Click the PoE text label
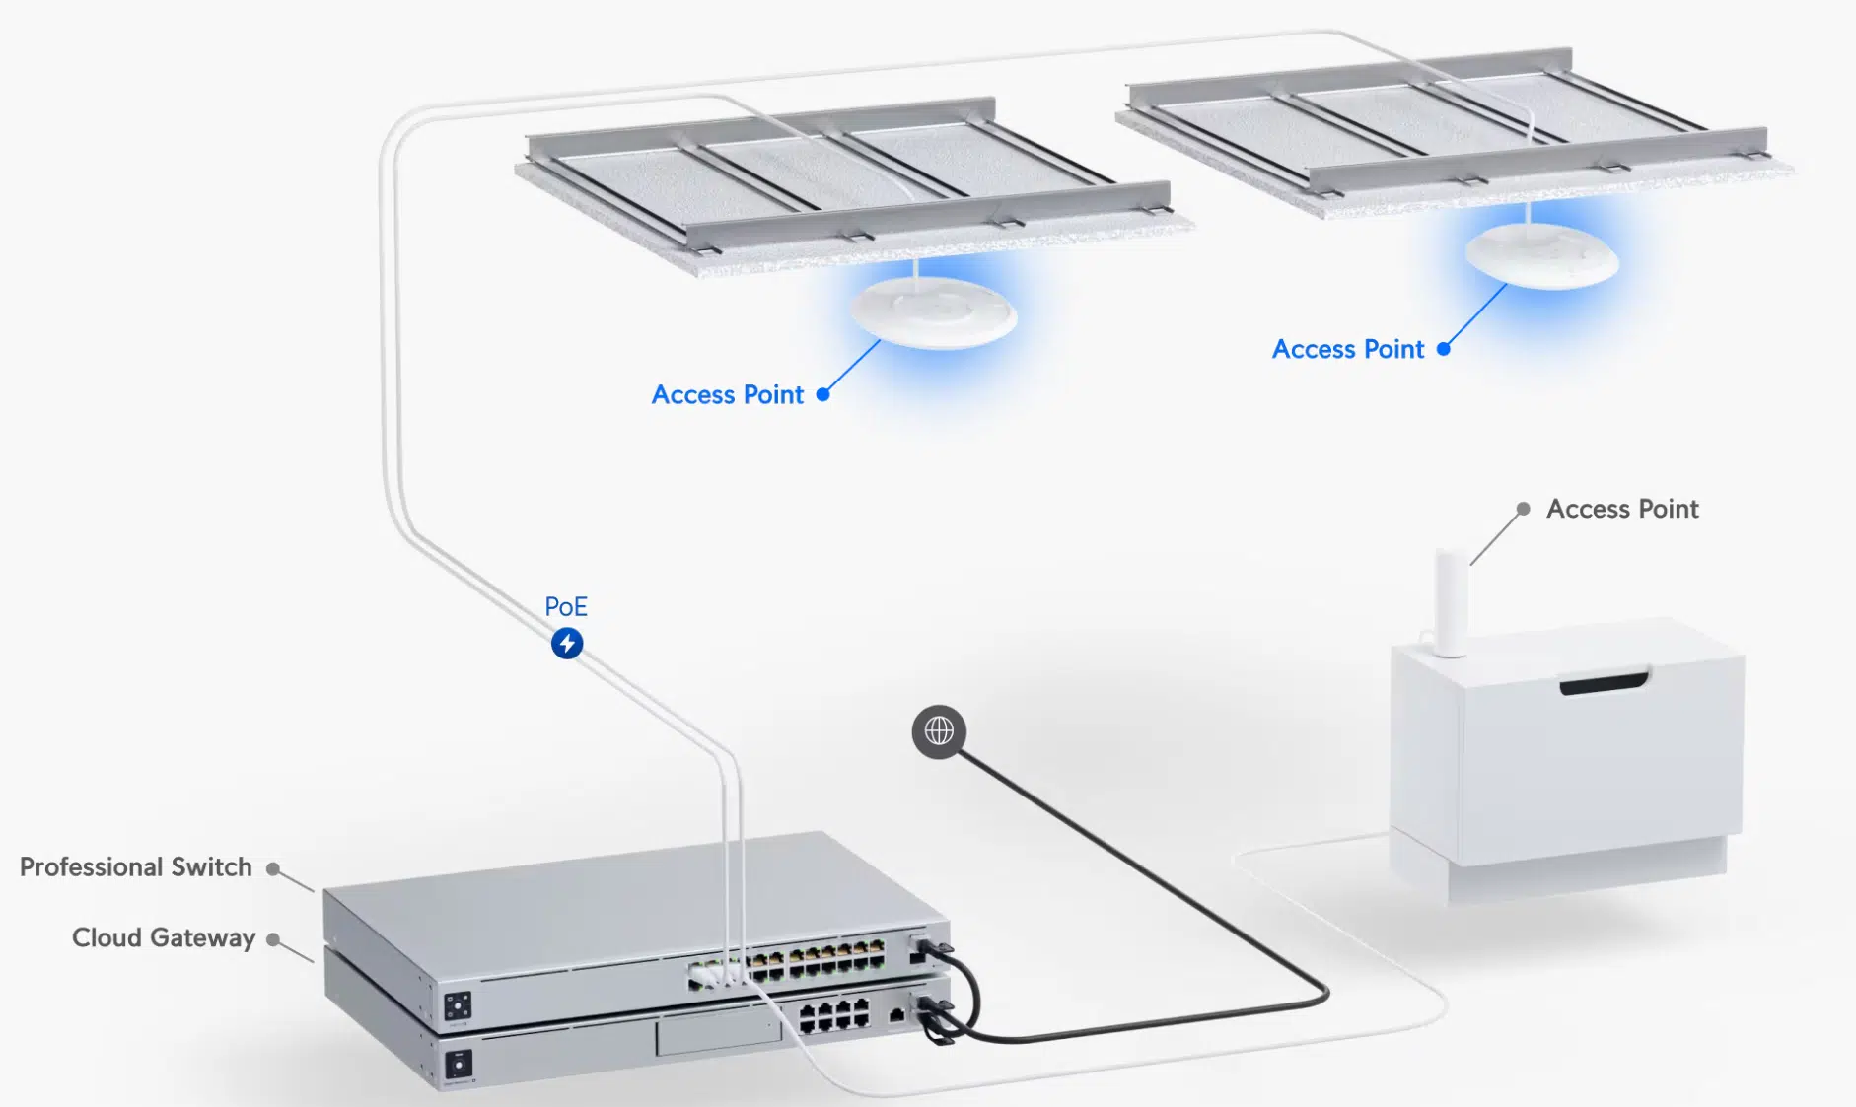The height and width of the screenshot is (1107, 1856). [565, 606]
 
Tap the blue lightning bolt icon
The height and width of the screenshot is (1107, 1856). [566, 644]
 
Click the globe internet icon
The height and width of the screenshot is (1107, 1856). [938, 731]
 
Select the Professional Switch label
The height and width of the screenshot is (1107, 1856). [136, 866]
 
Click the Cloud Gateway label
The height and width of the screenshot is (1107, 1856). [164, 937]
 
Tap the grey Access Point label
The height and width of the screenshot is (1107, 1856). [1621, 509]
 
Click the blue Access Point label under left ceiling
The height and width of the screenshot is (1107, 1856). [728, 394]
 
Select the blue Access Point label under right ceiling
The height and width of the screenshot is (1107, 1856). [1348, 349]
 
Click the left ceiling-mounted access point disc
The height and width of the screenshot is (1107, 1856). [933, 311]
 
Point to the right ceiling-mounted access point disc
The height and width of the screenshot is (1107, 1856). [1541, 254]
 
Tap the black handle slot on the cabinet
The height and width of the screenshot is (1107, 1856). [1603, 683]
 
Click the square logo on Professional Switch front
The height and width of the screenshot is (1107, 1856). [457, 1006]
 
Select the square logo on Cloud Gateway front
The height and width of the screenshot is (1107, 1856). [458, 1065]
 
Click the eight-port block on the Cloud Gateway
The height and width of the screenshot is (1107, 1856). [833, 1015]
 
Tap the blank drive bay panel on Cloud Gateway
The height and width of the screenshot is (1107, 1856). [718, 1036]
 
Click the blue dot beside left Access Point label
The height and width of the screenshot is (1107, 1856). [822, 394]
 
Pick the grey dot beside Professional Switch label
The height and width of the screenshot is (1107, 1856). [273, 868]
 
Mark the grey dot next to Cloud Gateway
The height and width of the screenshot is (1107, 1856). [273, 939]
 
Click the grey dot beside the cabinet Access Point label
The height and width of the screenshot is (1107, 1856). [1523, 509]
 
